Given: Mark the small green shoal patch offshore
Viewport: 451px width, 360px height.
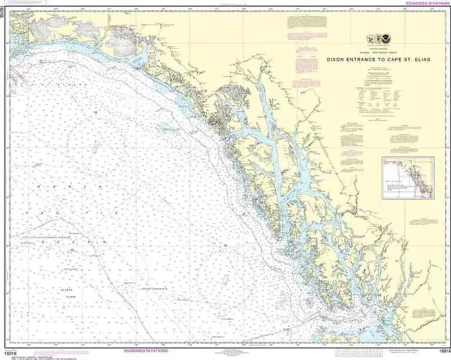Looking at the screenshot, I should click(163, 128).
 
